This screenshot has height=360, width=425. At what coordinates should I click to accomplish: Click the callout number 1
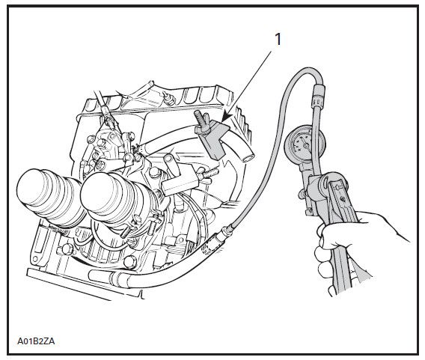[278, 40]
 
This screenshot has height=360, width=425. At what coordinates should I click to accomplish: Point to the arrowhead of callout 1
[225, 118]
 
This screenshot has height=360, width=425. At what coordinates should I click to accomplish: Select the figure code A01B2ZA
[36, 341]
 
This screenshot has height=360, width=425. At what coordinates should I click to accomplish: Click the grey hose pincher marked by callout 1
[213, 138]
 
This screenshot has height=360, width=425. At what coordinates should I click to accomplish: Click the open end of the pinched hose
[248, 157]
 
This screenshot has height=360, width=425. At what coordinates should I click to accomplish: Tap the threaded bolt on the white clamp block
[209, 174]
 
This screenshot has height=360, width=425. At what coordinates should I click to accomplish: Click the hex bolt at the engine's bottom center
[130, 262]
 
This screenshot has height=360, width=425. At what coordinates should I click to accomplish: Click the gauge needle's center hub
[306, 146]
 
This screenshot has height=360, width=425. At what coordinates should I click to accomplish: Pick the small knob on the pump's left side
[302, 194]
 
